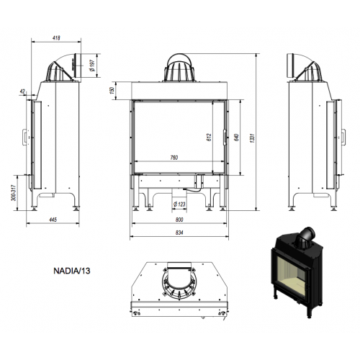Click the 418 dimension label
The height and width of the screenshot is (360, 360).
(56, 37)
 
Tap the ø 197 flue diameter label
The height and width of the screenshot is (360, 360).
(92, 66)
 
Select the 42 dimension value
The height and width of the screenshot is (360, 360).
(23, 91)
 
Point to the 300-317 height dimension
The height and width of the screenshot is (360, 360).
(14, 193)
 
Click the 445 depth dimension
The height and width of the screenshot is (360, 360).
(53, 220)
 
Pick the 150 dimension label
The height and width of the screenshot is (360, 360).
(112, 90)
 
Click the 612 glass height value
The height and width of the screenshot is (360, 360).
(210, 138)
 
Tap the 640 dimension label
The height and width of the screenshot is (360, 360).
(236, 138)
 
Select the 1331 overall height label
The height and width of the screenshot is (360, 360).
(252, 138)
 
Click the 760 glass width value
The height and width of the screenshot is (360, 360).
(174, 158)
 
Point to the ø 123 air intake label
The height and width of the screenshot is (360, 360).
(179, 204)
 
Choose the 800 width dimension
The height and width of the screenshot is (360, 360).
(179, 220)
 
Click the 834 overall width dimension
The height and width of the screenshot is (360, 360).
(179, 233)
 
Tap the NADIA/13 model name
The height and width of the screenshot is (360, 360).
(72, 271)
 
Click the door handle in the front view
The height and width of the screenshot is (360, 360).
(225, 137)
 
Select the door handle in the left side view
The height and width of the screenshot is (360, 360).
(24, 137)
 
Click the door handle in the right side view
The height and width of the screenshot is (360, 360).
(344, 137)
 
